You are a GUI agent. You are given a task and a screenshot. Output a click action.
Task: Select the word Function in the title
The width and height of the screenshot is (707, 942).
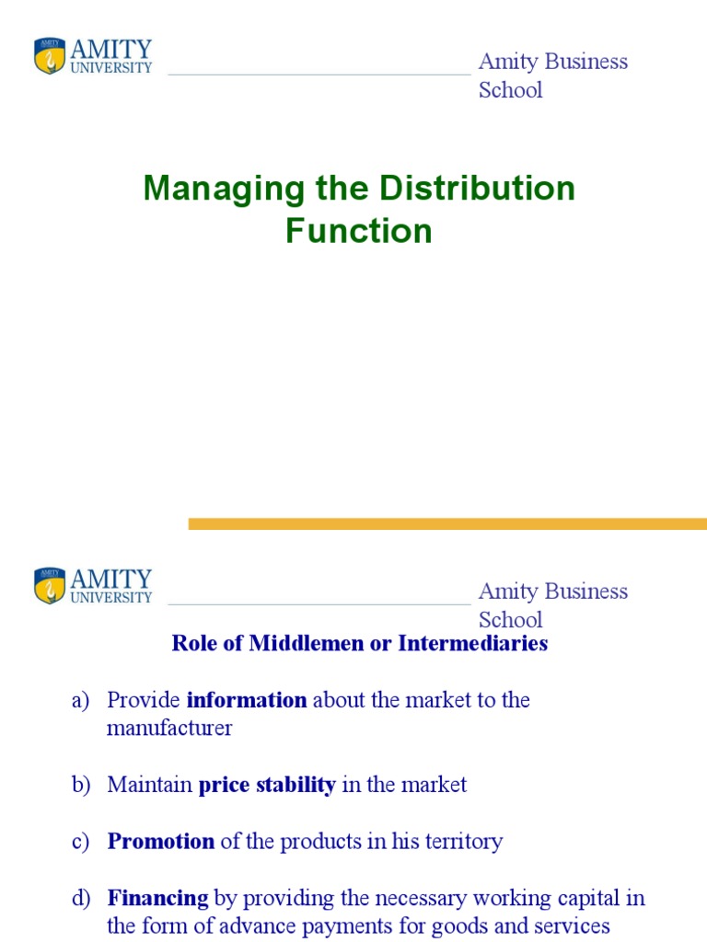click(x=359, y=230)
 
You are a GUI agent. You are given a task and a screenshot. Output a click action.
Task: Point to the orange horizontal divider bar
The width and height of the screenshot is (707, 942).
click(x=447, y=523)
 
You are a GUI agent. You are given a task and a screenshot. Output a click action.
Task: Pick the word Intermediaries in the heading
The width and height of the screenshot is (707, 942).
click(x=472, y=643)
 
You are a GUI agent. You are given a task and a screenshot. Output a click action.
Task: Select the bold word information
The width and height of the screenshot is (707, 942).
click(x=247, y=700)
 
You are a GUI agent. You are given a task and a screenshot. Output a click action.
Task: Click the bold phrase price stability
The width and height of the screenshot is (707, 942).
click(x=267, y=785)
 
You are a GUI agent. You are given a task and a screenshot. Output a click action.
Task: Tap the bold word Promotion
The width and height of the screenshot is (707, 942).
click(x=161, y=841)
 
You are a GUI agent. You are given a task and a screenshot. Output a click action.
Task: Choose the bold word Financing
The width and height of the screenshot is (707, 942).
click(x=158, y=897)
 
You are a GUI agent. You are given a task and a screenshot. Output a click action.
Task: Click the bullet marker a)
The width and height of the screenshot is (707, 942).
click(x=80, y=700)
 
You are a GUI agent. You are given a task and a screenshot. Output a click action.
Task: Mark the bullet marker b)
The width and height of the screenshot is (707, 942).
click(x=80, y=785)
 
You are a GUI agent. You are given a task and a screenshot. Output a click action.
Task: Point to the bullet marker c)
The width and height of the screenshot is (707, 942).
click(x=80, y=841)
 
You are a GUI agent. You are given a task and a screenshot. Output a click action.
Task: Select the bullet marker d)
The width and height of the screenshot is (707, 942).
click(x=80, y=897)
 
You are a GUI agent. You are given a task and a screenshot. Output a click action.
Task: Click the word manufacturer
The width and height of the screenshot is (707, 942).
click(x=169, y=729)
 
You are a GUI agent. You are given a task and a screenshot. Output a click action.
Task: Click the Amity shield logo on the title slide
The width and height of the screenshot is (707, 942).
click(x=50, y=56)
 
